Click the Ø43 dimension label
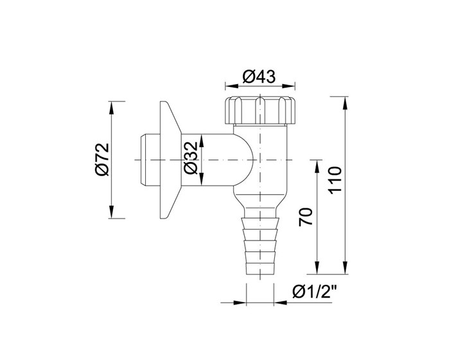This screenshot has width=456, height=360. (x=259, y=77)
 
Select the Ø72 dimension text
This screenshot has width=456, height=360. (x=102, y=159)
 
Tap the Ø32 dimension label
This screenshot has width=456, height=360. (x=191, y=157)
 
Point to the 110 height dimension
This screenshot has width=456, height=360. (x=335, y=179)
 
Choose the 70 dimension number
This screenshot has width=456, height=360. (x=306, y=217)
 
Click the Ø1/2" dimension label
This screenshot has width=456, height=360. (x=315, y=292)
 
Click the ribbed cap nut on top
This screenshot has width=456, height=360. (x=260, y=110)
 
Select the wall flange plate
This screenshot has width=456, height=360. (x=170, y=160)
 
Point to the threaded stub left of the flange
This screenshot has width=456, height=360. (x=150, y=160)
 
